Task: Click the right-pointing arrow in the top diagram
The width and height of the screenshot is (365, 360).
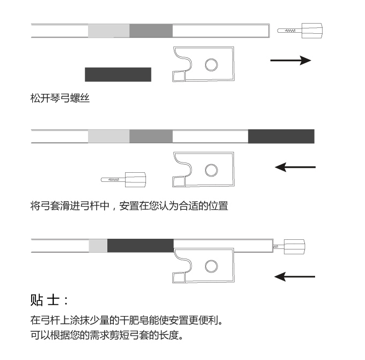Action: coord(290,60)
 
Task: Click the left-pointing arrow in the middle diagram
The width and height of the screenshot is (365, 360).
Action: coord(295,167)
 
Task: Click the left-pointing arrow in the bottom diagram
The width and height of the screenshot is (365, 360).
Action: coord(295,276)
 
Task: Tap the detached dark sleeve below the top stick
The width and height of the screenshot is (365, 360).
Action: coord(118,74)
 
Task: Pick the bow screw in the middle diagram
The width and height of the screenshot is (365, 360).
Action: coord(123,179)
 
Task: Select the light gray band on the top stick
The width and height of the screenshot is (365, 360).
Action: coord(109,31)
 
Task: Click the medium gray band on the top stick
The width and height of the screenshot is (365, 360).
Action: coord(151,31)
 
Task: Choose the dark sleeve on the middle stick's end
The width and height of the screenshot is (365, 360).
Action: coord(281,136)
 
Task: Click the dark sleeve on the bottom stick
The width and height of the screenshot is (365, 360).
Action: coord(140,246)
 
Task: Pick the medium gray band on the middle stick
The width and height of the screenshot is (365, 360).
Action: coord(151,136)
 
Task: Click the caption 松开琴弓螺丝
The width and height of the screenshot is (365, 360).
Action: coord(60,99)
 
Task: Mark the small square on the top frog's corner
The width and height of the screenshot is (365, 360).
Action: coord(176,76)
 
